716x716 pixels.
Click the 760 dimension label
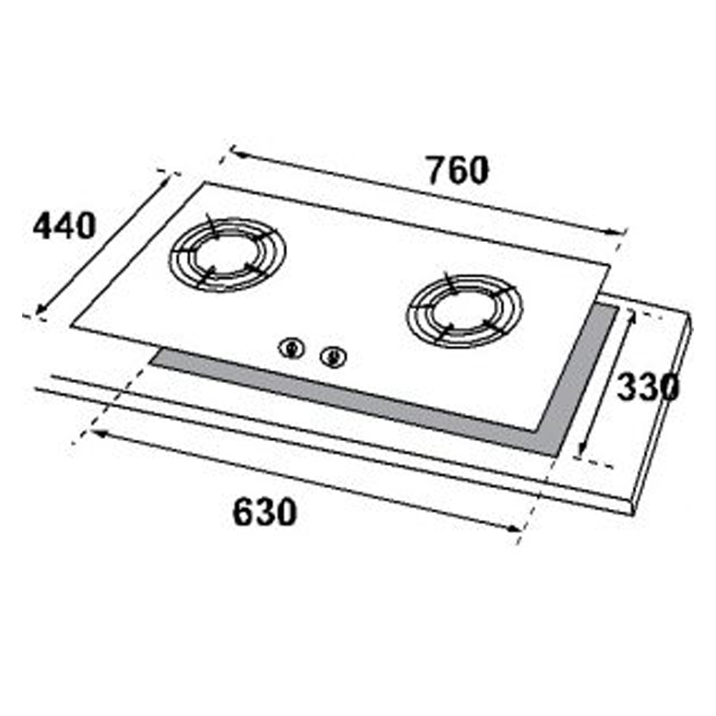(458, 170)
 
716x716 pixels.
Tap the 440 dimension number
(64, 226)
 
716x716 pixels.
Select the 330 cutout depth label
(648, 387)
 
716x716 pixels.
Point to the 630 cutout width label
(265, 513)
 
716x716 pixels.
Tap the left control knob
(292, 349)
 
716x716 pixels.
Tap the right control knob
(334, 357)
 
